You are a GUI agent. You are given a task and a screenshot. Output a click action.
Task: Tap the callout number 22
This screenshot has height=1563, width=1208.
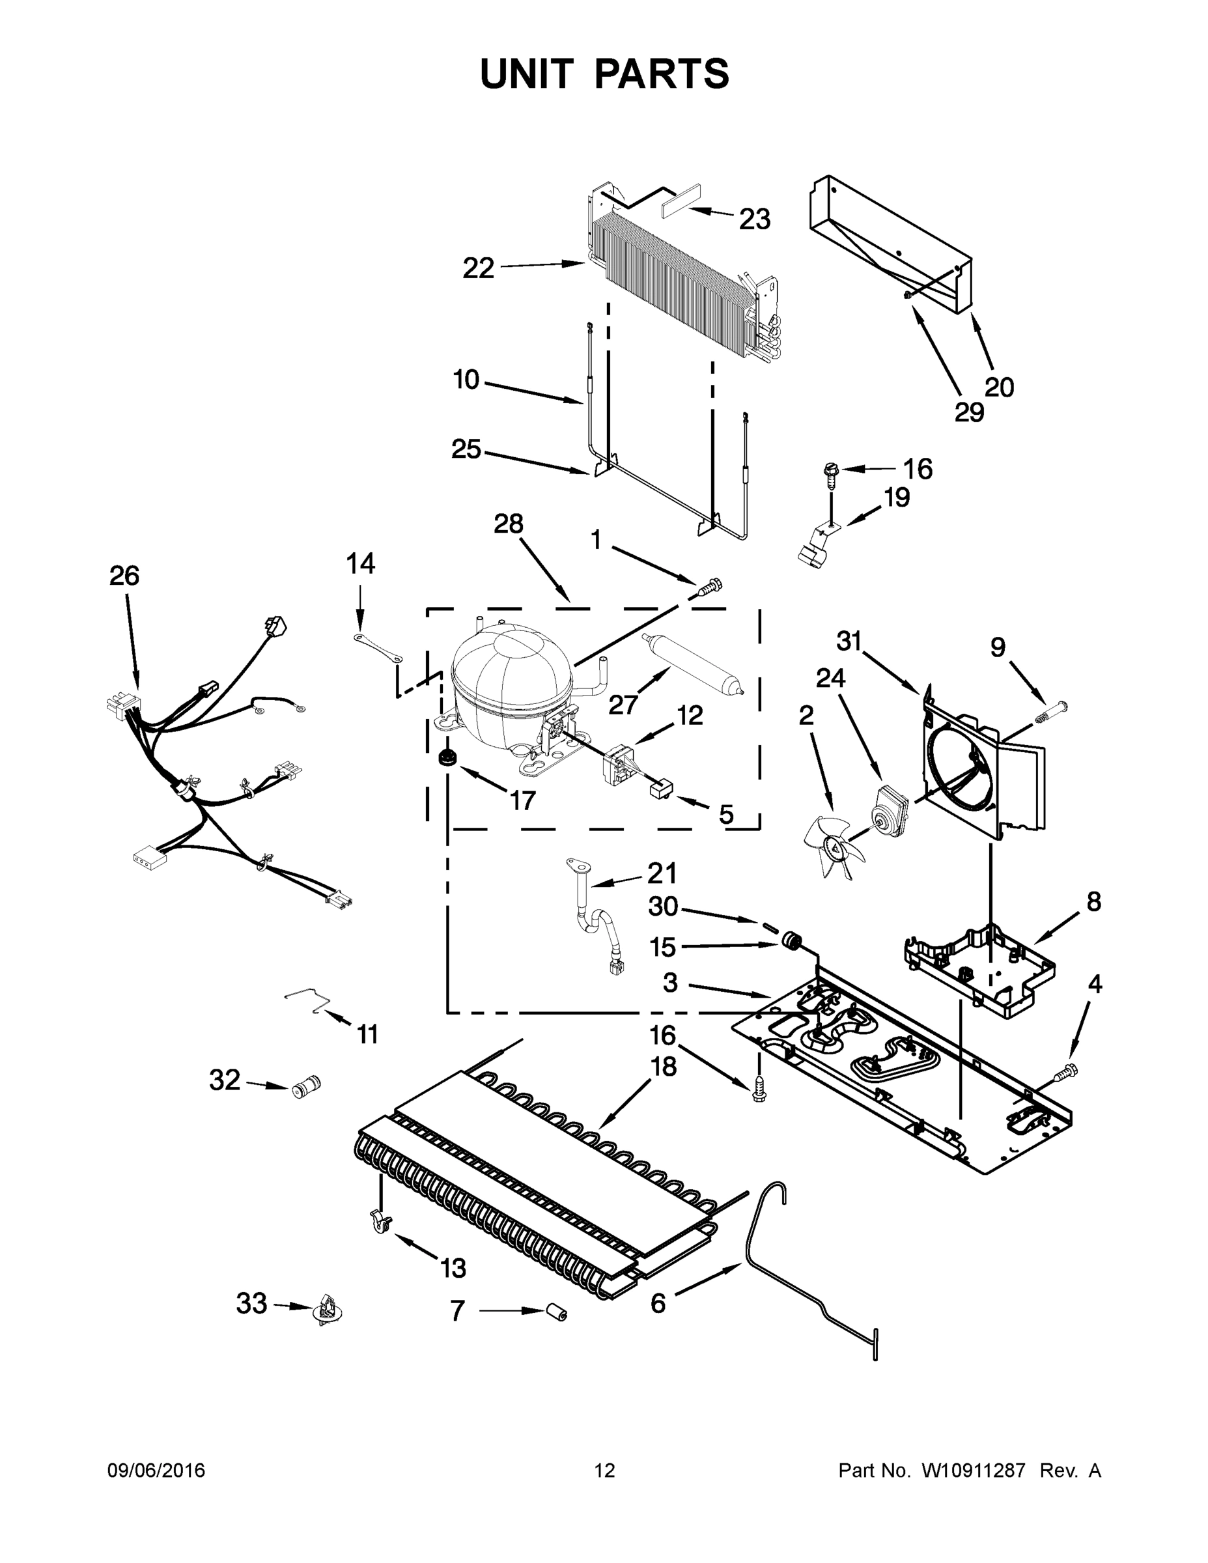pos(478,268)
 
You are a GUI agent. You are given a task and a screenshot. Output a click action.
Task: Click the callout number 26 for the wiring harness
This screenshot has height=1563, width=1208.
pos(124,576)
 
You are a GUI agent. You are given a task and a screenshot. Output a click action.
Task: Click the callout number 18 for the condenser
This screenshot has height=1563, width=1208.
pos(664,1067)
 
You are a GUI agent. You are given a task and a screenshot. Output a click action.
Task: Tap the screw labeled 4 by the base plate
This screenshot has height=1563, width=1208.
pos(1065,1092)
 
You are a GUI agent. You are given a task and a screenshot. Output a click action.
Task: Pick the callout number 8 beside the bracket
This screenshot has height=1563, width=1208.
pos(1093,903)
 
